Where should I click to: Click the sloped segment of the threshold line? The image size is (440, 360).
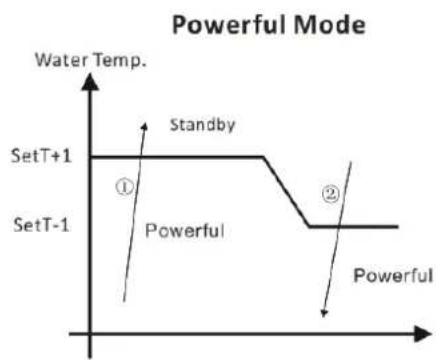pos(287,191)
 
